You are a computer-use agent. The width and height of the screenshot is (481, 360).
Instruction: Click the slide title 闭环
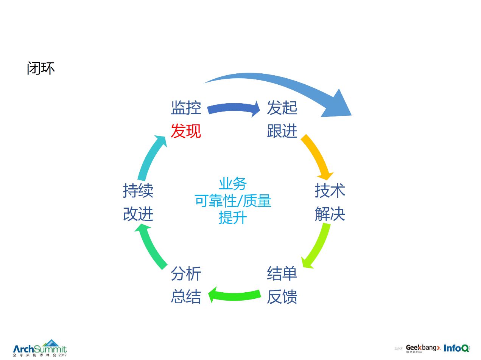41,68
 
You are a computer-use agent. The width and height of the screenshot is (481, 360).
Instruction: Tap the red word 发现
186,131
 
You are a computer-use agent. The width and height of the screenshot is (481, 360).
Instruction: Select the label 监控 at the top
186,108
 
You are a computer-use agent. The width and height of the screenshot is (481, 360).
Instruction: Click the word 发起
282,108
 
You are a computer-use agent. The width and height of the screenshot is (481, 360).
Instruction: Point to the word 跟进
282,131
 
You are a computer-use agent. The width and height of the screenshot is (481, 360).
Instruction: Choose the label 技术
330,191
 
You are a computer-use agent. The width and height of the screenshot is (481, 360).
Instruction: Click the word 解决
330,214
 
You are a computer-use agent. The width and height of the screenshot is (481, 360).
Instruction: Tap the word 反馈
282,297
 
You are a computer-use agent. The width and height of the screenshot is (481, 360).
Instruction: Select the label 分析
186,273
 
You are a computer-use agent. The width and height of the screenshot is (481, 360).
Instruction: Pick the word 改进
138,214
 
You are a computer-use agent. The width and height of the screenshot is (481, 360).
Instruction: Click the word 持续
138,191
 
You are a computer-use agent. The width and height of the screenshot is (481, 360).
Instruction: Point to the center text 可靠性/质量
233,201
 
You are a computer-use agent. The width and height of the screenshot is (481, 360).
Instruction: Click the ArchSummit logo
40,348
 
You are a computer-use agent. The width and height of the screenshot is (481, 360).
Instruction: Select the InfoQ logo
456,348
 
